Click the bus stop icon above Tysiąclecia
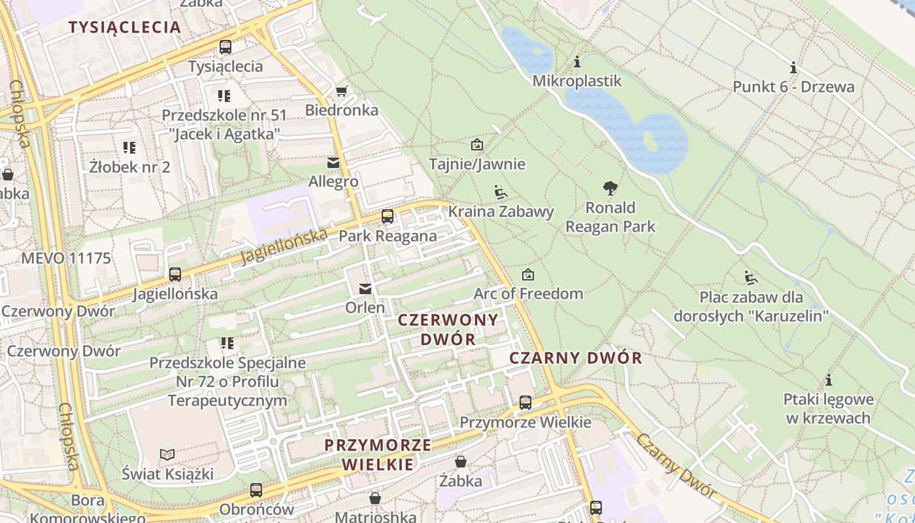(225, 47)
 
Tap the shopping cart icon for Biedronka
(341, 91)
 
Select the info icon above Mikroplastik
(576, 62)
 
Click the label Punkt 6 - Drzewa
(793, 87)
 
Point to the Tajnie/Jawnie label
(476, 163)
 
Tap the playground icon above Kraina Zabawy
(501, 192)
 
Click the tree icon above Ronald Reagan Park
(610, 188)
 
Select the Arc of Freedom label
(527, 294)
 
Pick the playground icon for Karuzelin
(751, 278)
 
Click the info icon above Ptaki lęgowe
(828, 380)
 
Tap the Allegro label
(333, 182)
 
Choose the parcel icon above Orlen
(365, 288)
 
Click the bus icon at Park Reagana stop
(388, 216)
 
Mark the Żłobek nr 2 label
(129, 167)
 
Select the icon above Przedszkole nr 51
(224, 96)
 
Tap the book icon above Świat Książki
(167, 454)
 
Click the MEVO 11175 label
(66, 258)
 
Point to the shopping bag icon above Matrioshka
(375, 499)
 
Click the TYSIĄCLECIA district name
(124, 27)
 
